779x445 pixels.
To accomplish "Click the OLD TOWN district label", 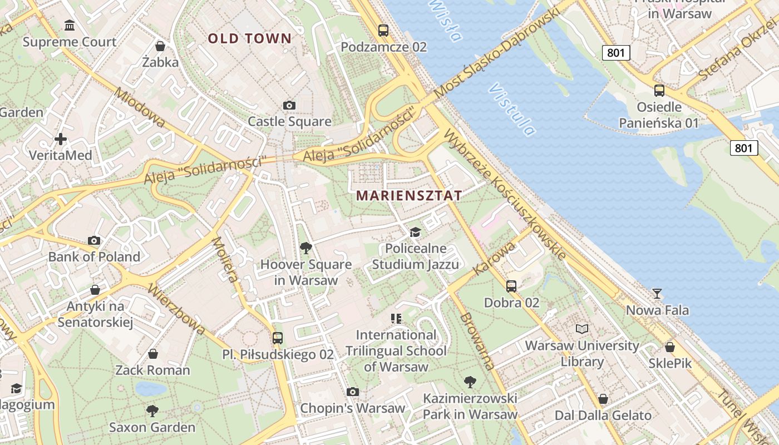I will point(250,38).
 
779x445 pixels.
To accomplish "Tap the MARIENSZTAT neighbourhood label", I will point(410,195).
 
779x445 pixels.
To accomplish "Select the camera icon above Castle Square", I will point(289,105).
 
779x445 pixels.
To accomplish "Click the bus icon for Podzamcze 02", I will point(383,31).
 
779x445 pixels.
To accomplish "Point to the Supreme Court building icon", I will point(70,26).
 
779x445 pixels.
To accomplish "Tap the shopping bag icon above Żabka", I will point(160,46).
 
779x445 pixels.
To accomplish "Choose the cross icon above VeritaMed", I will point(61,139).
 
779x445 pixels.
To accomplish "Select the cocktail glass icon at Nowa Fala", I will point(657,293).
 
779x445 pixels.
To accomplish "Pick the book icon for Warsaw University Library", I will point(582,329).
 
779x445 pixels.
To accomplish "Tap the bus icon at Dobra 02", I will point(511,286).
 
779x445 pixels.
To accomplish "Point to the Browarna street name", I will point(477,340).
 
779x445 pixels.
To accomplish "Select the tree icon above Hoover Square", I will point(305,248).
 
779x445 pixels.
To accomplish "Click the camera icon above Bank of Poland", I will point(94,240).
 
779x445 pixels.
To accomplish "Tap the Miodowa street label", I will point(139,107).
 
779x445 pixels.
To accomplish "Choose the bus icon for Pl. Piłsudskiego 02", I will point(277,338).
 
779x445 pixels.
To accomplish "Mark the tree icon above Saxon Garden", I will point(152,411).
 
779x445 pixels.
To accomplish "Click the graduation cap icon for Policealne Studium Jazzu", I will point(415,232).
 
